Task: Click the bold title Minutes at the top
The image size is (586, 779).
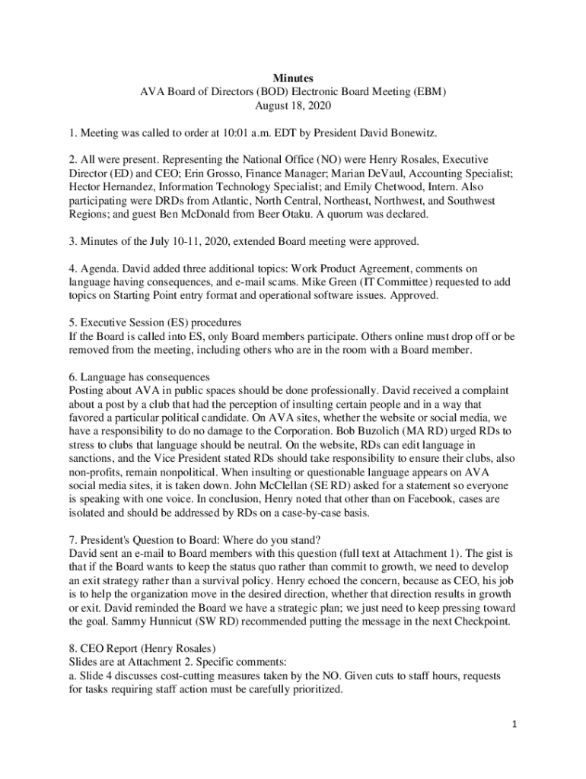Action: pyautogui.click(x=293, y=78)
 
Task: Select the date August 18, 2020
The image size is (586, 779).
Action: pyautogui.click(x=293, y=106)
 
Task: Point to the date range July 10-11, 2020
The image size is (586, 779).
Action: pyautogui.click(x=176, y=242)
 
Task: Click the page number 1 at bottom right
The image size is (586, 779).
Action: pyautogui.click(x=514, y=724)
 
